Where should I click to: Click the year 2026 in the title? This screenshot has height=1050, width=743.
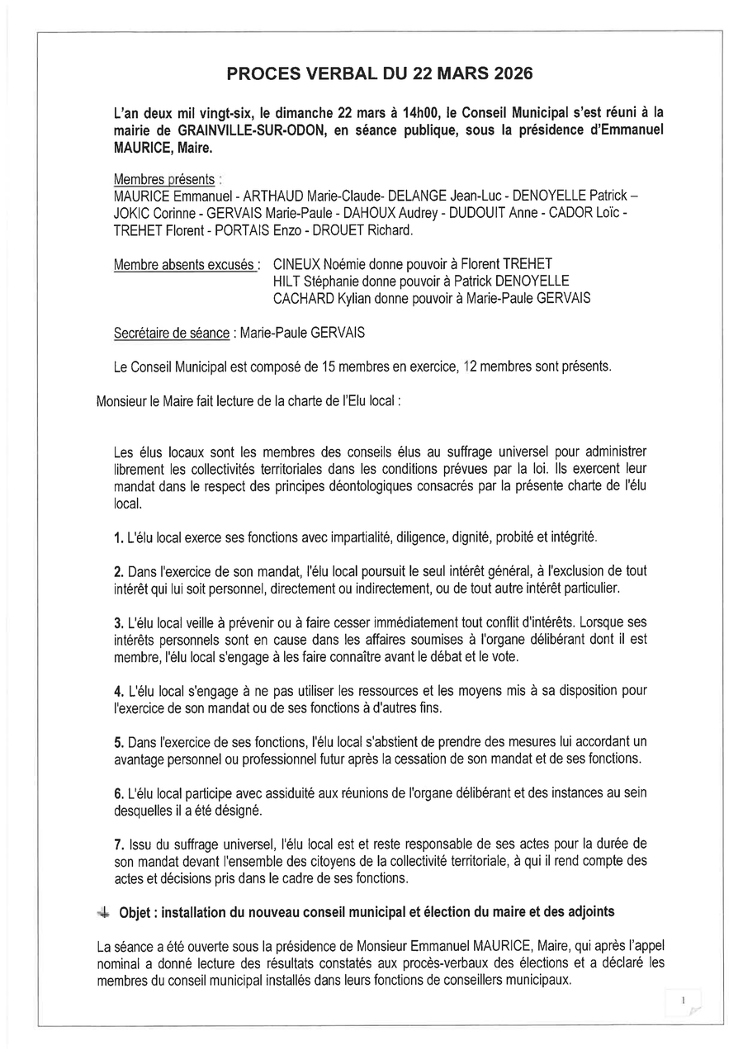(x=510, y=74)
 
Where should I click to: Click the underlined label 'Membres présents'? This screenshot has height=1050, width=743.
(x=164, y=179)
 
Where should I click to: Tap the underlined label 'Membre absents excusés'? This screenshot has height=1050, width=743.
(x=185, y=265)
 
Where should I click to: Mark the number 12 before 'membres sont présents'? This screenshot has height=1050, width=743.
(x=473, y=367)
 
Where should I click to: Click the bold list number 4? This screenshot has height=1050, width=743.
(x=118, y=690)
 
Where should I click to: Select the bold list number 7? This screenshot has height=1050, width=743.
(x=118, y=844)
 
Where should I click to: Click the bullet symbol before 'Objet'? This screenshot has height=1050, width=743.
(x=102, y=911)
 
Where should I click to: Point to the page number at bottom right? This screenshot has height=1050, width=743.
(x=684, y=1000)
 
